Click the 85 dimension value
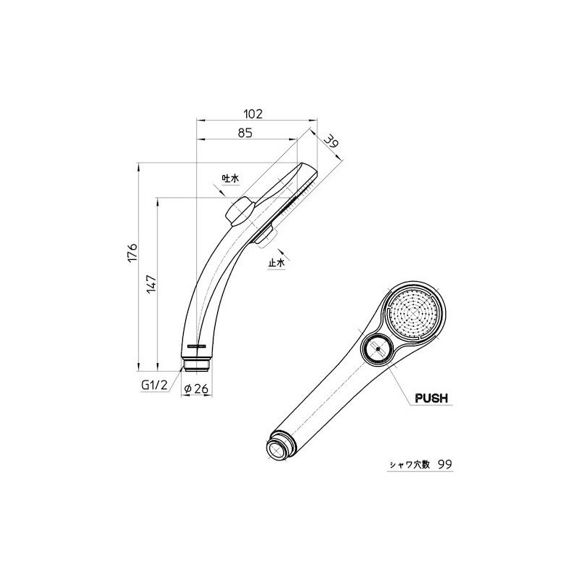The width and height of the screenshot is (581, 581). click(x=245, y=133)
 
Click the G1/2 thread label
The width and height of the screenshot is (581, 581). click(x=155, y=388)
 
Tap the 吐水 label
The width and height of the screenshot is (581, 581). click(x=231, y=178)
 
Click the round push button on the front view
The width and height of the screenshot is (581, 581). click(x=377, y=351)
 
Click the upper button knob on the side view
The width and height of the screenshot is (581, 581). click(x=238, y=211)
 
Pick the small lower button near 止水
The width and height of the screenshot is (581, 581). click(x=265, y=235)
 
